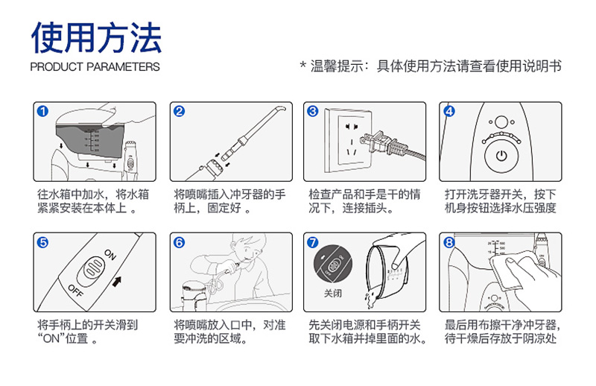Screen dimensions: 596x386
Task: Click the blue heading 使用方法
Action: click(97, 37)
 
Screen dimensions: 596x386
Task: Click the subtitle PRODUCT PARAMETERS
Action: click(95, 67)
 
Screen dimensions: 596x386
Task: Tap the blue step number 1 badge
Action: click(43, 111)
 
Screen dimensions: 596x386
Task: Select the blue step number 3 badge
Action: click(313, 111)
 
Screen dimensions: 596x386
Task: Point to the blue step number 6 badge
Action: click(179, 242)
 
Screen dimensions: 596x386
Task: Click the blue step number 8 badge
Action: click(449, 242)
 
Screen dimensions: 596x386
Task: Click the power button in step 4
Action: click(501, 156)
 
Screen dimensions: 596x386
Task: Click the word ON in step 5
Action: click(110, 254)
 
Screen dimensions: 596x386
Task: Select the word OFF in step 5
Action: click(75, 290)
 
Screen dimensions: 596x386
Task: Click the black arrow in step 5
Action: click(117, 282)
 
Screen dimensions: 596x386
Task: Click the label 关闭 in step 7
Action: click(333, 293)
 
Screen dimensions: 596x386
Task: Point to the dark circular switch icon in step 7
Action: click(332, 263)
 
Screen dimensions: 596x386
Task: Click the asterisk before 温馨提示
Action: click(303, 65)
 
